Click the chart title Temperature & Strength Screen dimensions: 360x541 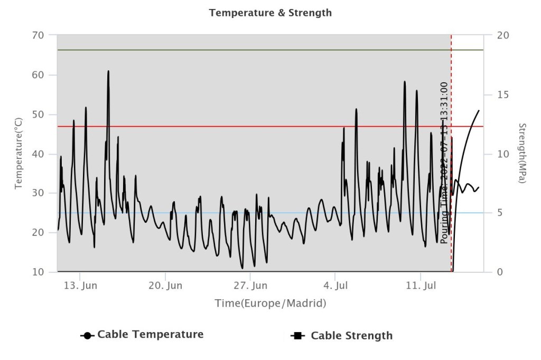(x=270, y=13)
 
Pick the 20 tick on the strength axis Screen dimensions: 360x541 (x=502, y=35)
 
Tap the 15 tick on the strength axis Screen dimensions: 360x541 (x=502, y=94)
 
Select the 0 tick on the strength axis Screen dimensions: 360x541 (x=500, y=272)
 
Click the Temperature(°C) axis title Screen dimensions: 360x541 (x=19, y=153)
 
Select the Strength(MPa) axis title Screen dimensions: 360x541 (x=522, y=153)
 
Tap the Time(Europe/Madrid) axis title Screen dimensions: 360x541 (x=270, y=304)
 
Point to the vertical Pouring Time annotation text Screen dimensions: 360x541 (x=444, y=163)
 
